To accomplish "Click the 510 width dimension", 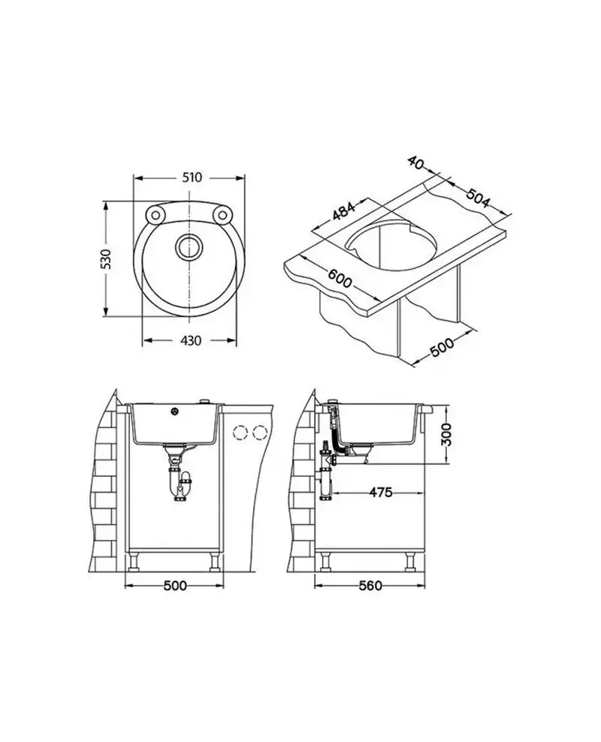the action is coord(192,177).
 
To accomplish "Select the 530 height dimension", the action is coord(108,259).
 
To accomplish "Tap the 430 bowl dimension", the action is coord(191,340).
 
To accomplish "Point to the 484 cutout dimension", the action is coord(343,211).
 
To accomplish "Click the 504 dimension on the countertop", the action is coord(478,198).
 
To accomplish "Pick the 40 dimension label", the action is coord(415,163).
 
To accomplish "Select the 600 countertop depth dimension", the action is coord(340,278).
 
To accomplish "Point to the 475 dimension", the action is coord(381,493).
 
